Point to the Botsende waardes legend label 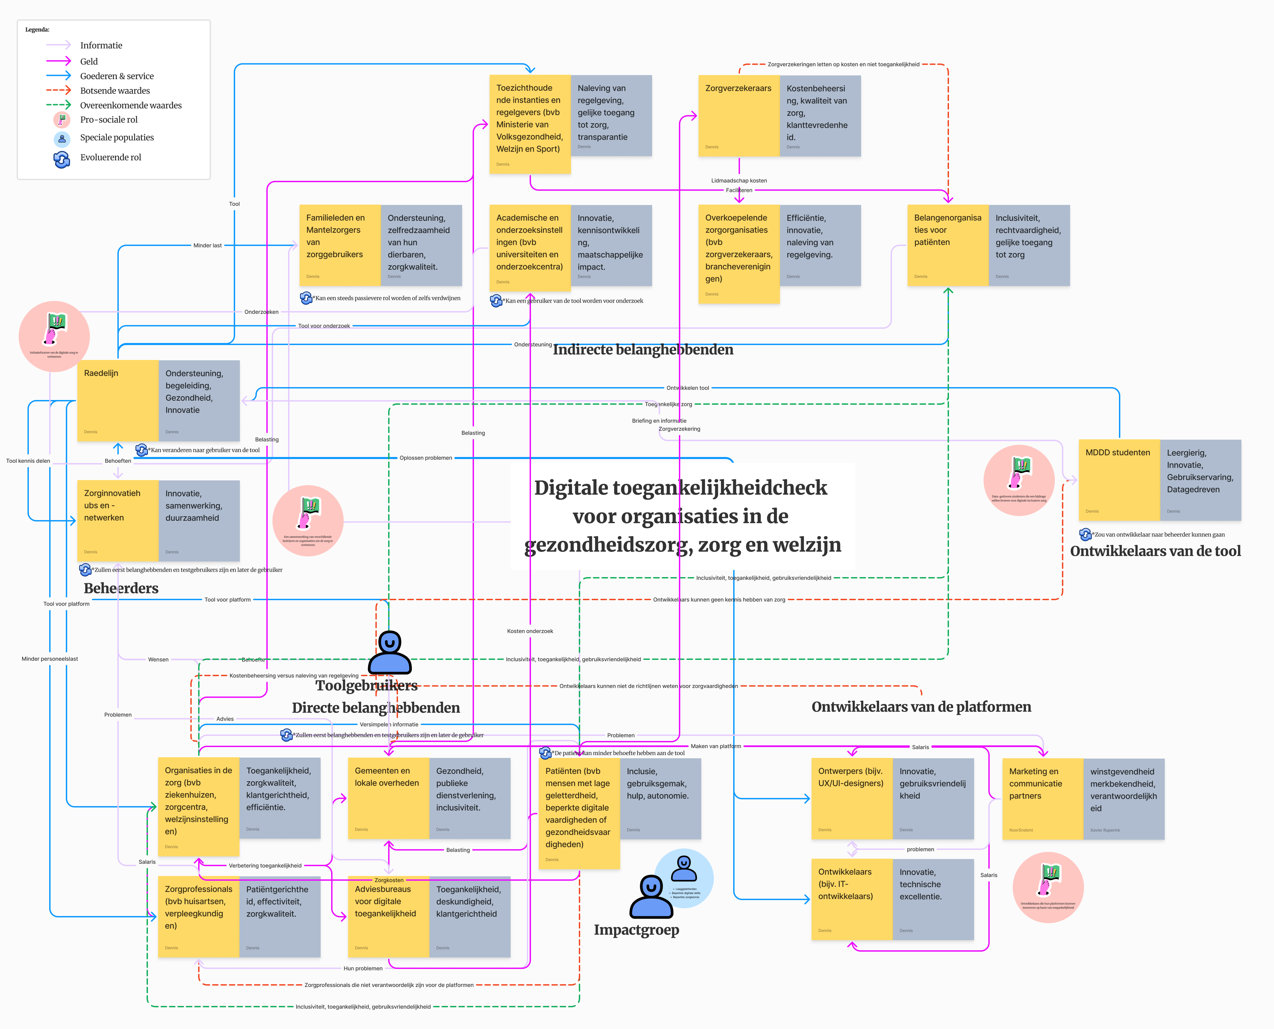[x=115, y=91]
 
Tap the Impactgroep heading [x=636, y=929]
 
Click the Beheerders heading [x=121, y=588]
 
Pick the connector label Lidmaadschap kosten [x=739, y=181]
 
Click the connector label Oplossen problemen [x=426, y=458]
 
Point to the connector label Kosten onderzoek [x=530, y=631]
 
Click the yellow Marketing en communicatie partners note [x=1042, y=798]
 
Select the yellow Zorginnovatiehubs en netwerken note [x=117, y=520]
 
